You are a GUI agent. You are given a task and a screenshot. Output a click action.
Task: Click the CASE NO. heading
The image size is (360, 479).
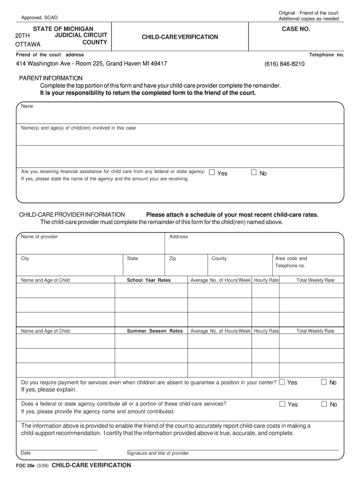[x=295, y=29]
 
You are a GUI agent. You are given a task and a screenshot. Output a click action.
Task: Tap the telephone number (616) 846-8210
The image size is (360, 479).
[x=284, y=64]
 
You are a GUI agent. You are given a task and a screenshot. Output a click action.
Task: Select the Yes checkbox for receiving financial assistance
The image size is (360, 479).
[x=211, y=173]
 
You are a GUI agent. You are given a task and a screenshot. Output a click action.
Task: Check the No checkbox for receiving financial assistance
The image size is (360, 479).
[x=254, y=173]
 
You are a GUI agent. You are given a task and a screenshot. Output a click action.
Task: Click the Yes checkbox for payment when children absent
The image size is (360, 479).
[x=281, y=382]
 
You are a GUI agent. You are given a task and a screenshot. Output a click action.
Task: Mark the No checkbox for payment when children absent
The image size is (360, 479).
[x=324, y=382]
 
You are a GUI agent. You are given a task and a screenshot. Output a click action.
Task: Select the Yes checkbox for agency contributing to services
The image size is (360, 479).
[x=282, y=404]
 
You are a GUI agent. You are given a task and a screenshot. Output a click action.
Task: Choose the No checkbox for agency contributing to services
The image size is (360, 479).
[x=324, y=404]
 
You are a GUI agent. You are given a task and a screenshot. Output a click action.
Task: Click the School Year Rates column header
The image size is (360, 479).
[x=149, y=280]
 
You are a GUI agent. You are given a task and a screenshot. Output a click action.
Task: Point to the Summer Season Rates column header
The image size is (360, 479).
[x=155, y=331]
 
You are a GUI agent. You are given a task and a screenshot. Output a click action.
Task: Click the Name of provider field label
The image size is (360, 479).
[x=40, y=237]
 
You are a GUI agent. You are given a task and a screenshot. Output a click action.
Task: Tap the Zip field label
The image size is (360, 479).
[x=173, y=258]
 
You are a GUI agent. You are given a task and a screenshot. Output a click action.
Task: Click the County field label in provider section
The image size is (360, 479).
[x=219, y=258]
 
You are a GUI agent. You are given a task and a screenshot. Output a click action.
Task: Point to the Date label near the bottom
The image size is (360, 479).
[x=26, y=453]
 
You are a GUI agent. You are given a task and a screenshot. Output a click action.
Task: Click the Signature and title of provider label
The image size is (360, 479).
[x=158, y=453]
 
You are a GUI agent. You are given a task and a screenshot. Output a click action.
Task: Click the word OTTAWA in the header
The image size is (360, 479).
[x=28, y=44]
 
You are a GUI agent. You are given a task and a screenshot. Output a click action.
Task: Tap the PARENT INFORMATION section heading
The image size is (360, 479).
[x=50, y=78]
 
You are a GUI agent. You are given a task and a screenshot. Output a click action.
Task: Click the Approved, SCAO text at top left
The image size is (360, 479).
[x=39, y=17]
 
